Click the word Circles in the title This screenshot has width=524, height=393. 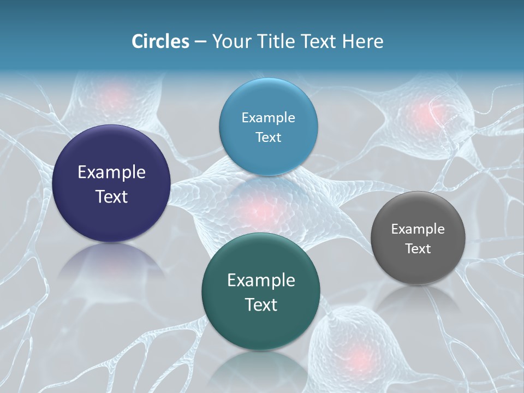[160, 41]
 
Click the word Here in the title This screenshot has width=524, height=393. [362, 41]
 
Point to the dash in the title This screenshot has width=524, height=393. [200, 42]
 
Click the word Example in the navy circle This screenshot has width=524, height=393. [111, 172]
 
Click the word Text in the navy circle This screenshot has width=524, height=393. [111, 196]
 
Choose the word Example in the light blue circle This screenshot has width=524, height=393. [268, 117]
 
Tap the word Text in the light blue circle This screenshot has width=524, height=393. [268, 137]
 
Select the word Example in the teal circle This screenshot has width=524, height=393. [261, 281]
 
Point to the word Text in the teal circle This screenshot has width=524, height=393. [261, 305]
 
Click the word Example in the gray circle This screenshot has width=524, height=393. [418, 229]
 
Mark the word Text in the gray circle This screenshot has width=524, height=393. [418, 248]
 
